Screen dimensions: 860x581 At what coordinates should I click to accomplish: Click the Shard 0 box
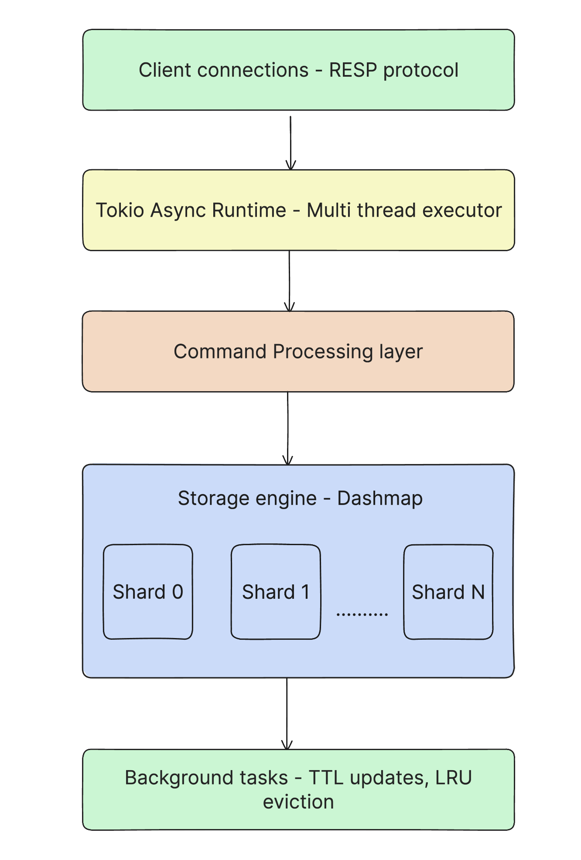coord(148,592)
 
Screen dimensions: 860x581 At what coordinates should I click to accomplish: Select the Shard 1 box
coord(276,592)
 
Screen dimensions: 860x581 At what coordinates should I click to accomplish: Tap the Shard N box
coord(448,592)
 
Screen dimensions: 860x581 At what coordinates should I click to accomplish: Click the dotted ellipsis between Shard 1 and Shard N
coord(362,614)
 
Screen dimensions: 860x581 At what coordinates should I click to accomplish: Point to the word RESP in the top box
coord(353,70)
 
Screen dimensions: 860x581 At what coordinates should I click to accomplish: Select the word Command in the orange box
coord(220,352)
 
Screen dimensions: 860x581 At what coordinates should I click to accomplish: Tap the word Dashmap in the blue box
coord(380,498)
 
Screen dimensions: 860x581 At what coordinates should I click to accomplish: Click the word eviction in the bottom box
coord(298,802)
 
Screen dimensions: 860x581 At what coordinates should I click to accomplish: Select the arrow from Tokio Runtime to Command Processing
coord(289,281)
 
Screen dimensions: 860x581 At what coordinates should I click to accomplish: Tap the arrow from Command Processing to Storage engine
coord(288,428)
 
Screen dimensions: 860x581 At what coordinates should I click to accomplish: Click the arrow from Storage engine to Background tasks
coord(287,713)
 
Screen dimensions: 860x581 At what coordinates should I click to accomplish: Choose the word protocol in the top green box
coord(420,71)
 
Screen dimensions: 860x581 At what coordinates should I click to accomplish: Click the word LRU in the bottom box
coord(453,778)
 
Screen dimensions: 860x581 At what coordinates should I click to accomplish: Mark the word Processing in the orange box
coord(323,352)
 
